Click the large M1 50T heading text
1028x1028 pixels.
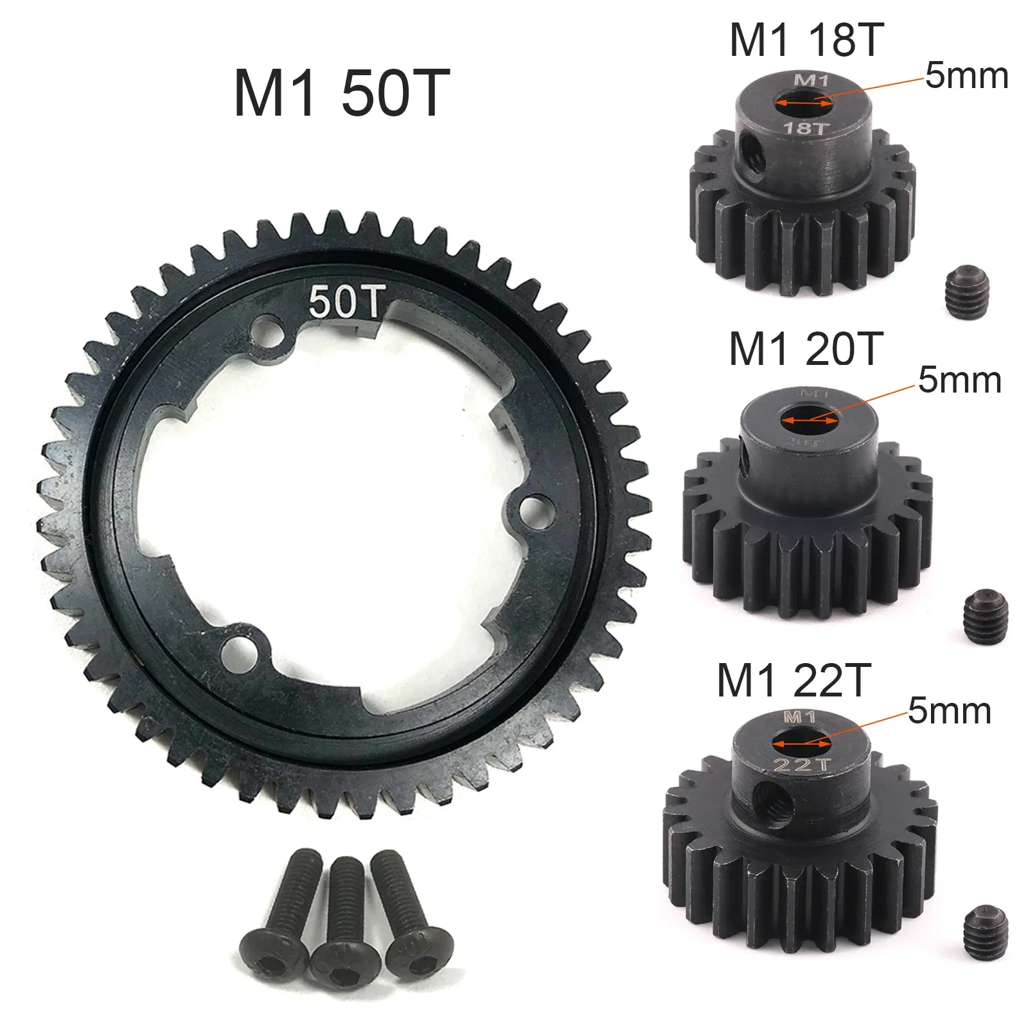click(x=341, y=94)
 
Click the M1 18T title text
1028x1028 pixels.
click(x=806, y=40)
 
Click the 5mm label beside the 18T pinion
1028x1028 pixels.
click(x=966, y=76)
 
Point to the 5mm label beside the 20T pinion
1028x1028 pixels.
click(x=959, y=380)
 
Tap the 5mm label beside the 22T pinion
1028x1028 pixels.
click(x=949, y=711)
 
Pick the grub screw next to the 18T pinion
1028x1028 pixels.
click(x=967, y=294)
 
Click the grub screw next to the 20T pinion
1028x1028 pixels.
click(x=986, y=616)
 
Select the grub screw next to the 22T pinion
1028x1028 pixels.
click(x=986, y=928)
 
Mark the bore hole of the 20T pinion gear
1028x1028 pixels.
click(x=809, y=420)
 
